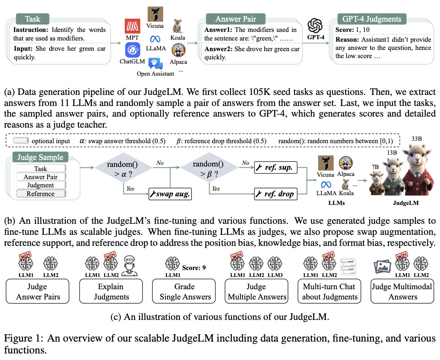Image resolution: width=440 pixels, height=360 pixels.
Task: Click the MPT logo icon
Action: [132, 27]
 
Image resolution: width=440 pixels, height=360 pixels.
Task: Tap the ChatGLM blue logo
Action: [132, 51]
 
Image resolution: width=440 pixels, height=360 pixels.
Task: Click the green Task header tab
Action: [33, 19]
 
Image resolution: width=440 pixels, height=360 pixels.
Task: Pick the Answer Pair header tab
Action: [235, 19]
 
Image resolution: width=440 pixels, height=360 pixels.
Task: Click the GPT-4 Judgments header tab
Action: [371, 19]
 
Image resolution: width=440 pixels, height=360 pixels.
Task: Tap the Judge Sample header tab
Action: [40, 157]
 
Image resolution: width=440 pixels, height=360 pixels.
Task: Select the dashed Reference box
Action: [40, 193]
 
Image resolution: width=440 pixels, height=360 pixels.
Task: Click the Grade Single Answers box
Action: [184, 291]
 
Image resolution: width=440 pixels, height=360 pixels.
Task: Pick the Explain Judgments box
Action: [111, 291]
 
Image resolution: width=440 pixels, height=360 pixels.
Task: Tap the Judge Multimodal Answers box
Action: [402, 291]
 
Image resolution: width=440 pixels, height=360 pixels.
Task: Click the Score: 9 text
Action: [196, 268]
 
